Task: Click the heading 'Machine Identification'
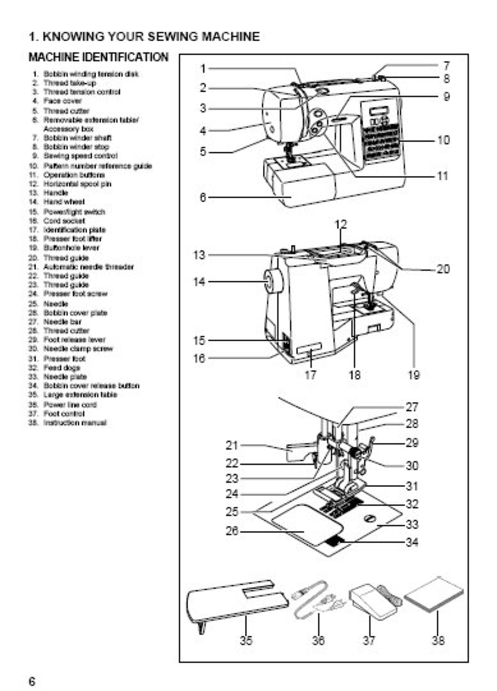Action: (98, 58)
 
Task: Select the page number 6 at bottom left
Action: (32, 681)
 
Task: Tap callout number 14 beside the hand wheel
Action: (199, 282)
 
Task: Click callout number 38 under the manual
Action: (438, 640)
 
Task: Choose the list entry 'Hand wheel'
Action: (64, 202)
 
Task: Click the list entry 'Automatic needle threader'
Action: (88, 267)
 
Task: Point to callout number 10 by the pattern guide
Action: (443, 140)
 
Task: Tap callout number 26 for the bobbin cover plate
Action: (232, 531)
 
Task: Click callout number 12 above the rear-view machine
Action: (341, 225)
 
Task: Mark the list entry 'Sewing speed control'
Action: (80, 156)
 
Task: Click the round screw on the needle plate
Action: (369, 519)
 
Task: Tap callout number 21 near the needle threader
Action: (232, 445)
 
